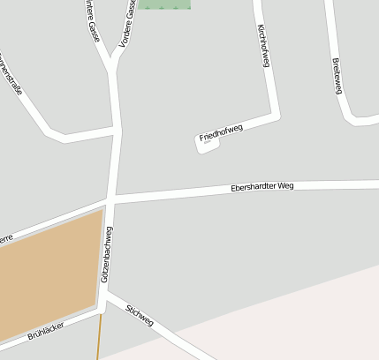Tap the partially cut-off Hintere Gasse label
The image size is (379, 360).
(x=93, y=23)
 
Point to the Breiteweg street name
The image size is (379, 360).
(x=336, y=76)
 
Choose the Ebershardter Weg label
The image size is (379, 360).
(x=262, y=187)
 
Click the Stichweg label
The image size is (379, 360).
(x=140, y=315)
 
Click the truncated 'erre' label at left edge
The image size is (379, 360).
(x=6, y=237)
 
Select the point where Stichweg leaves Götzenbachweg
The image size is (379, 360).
(x=108, y=296)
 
